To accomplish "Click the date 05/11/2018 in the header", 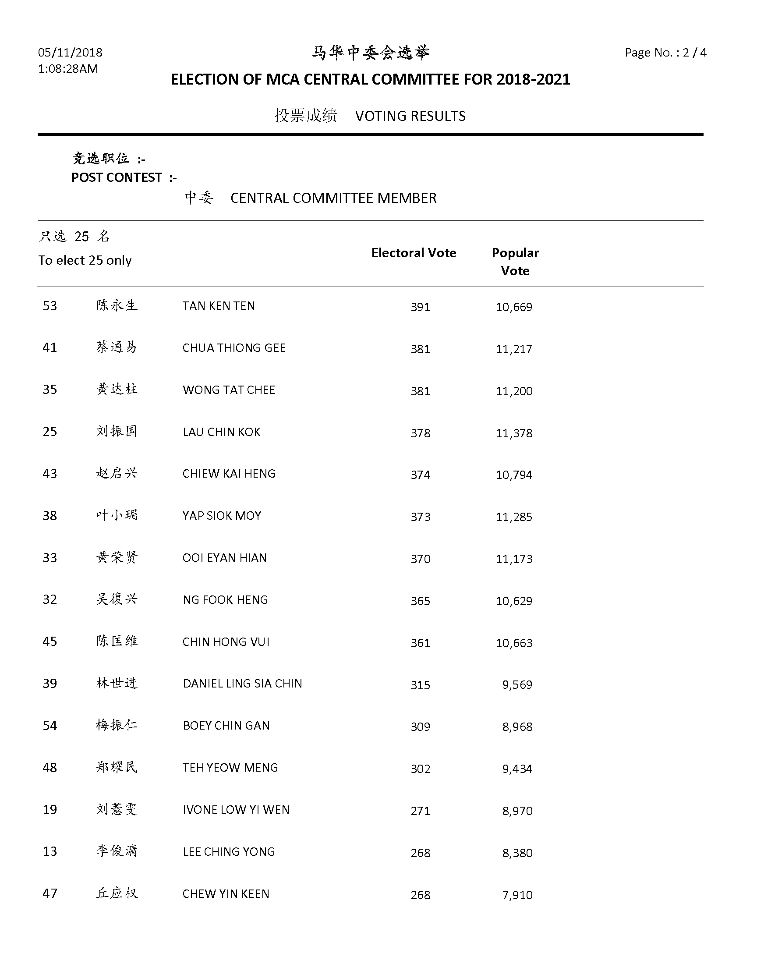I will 70,53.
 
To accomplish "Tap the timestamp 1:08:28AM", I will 68,69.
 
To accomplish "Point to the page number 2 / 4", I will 694,53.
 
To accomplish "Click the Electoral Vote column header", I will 414,253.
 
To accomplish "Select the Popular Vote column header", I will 515,262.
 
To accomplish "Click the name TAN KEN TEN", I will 219,306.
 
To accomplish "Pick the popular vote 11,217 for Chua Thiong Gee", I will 514,349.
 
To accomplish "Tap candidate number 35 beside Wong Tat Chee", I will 50,390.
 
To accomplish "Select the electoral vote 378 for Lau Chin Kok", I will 420,433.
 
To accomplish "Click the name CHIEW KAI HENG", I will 229,474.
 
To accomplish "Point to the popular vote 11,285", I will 514,517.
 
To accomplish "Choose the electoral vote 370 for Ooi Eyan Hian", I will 420,559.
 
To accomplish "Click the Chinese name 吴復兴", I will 117,599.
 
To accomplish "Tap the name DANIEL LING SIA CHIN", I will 242,684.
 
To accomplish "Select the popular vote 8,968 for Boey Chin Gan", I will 517,727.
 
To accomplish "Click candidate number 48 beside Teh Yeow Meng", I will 50,768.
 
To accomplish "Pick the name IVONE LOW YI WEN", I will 236,810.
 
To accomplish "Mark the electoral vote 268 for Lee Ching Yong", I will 420,853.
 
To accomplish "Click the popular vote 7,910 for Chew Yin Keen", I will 517,895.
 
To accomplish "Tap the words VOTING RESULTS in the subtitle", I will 410,116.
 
